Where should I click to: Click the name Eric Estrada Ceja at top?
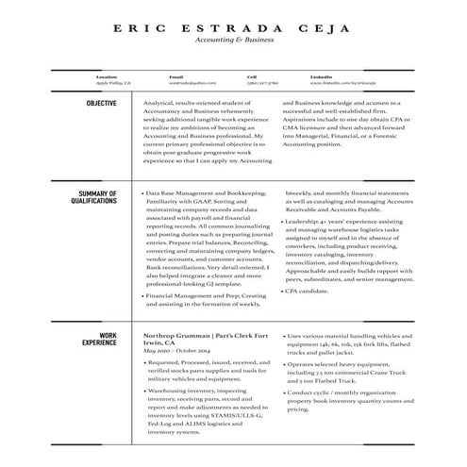click(232, 27)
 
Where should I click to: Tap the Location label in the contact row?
click(106, 76)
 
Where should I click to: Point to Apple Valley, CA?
click(113, 83)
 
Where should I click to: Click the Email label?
click(175, 76)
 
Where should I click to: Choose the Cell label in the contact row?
click(252, 76)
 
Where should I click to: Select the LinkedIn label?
click(321, 76)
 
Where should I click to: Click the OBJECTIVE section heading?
click(101, 103)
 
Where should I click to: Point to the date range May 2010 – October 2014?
click(177, 350)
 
